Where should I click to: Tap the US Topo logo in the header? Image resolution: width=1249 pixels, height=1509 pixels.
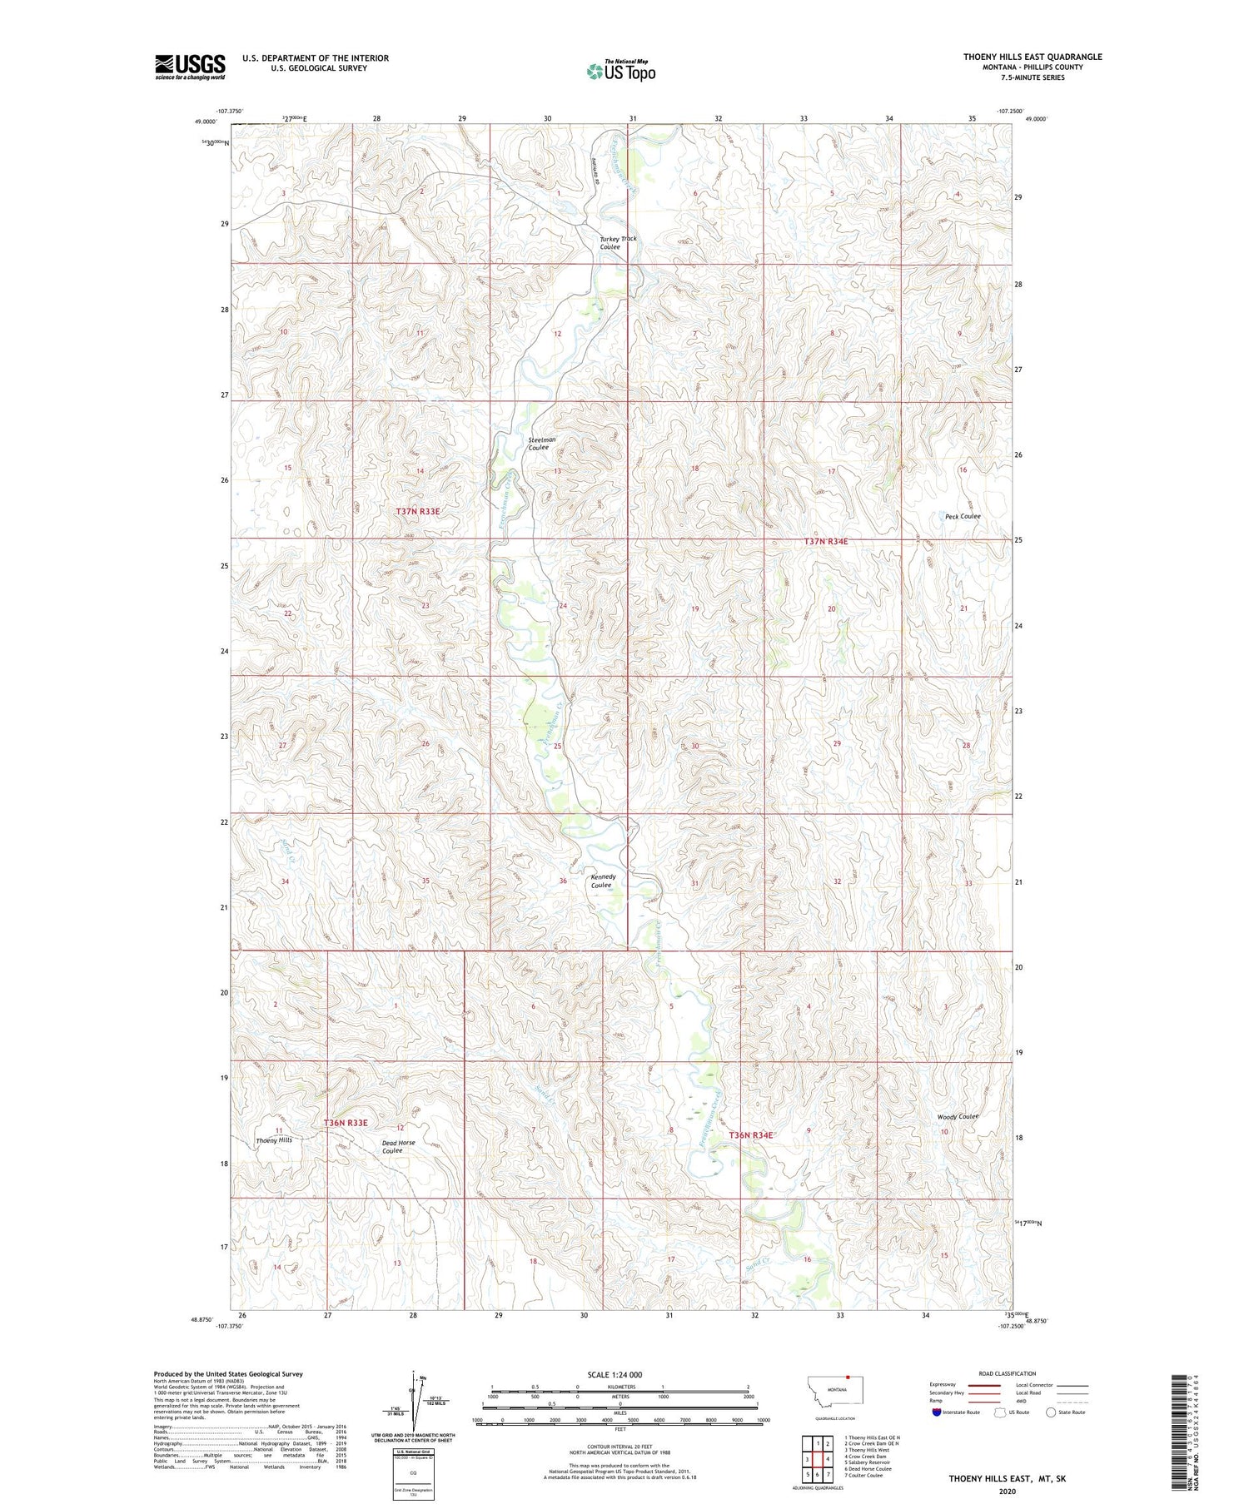click(621, 72)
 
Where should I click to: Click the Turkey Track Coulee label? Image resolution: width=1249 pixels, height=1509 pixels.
click(618, 242)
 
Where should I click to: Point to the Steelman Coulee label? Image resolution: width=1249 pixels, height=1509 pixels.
click(541, 443)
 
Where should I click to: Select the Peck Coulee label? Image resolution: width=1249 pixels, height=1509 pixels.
click(963, 516)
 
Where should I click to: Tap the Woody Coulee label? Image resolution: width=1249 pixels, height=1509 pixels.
click(957, 1116)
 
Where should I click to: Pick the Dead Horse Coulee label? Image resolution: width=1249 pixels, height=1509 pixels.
click(398, 1146)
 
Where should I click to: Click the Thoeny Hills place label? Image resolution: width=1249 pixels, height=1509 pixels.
click(274, 1139)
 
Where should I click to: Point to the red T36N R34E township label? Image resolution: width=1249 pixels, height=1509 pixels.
click(752, 1135)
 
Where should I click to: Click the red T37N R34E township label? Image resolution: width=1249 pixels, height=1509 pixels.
click(826, 541)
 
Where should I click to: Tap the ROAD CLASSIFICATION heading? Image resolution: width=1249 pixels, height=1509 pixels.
click(1008, 1373)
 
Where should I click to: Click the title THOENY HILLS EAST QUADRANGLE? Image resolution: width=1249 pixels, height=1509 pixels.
click(1033, 57)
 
